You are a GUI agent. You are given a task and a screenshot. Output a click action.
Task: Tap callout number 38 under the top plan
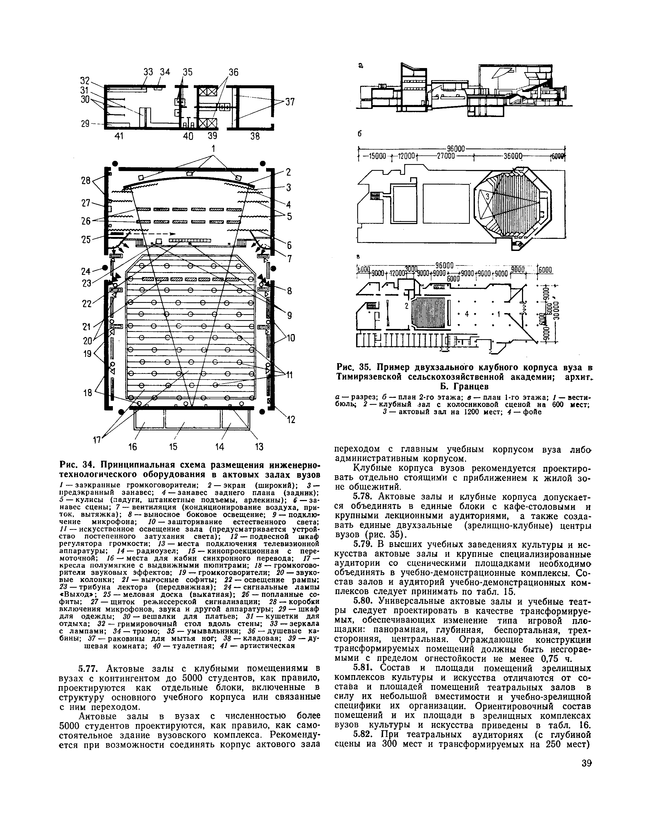[255, 136]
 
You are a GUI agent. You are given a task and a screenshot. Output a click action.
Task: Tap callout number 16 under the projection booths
[132, 446]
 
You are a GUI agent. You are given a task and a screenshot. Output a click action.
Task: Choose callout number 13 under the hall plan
[259, 446]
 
